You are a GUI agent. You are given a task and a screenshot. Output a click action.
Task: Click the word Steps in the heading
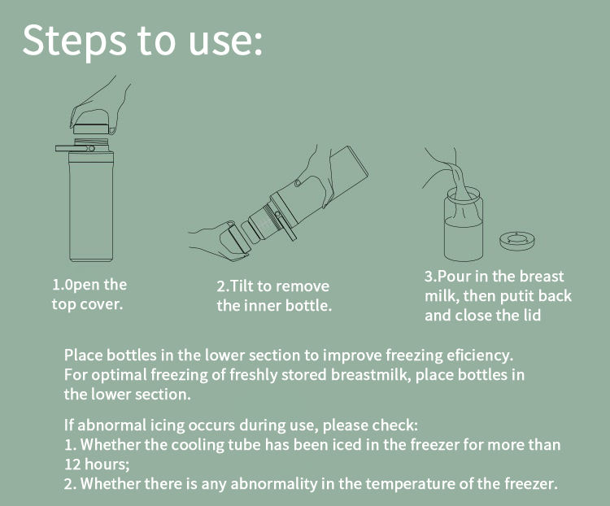(x=74, y=41)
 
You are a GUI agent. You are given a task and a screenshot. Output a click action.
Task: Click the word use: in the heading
(x=225, y=41)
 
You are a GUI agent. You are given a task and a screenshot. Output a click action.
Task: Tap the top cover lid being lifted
(x=90, y=129)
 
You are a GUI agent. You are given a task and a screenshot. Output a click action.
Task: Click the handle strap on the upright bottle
(x=75, y=148)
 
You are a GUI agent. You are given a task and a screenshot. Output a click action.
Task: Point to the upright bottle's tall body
(x=91, y=207)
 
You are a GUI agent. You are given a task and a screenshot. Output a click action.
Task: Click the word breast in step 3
(x=542, y=277)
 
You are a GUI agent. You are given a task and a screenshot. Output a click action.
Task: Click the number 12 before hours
(x=72, y=465)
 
